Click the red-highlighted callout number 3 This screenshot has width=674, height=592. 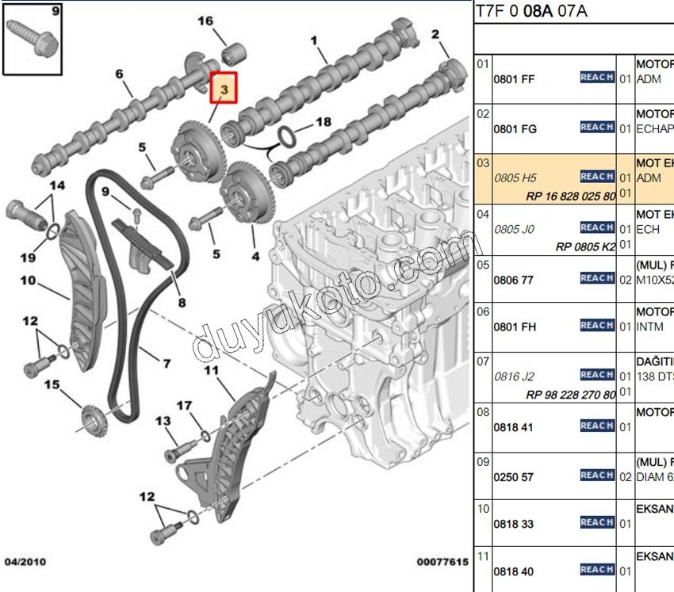pyautogui.click(x=224, y=90)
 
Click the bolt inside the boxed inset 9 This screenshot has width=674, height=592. pyautogui.click(x=34, y=38)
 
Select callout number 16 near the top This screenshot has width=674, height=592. pyautogui.click(x=205, y=21)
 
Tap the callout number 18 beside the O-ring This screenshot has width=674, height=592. pyautogui.click(x=323, y=122)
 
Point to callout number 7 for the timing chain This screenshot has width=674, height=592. pyautogui.click(x=167, y=364)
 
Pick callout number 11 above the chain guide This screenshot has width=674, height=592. pyautogui.click(x=210, y=370)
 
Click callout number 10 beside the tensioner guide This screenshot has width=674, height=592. pyautogui.click(x=29, y=280)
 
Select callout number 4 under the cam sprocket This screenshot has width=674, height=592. pyautogui.click(x=255, y=256)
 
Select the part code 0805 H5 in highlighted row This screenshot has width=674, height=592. pyautogui.click(x=515, y=178)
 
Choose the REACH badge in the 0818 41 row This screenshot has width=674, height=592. pyautogui.click(x=597, y=426)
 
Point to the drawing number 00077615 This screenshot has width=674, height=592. pyautogui.click(x=442, y=562)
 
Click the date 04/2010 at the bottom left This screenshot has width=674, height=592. pyautogui.click(x=25, y=562)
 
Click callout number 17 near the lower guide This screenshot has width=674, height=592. pyautogui.click(x=184, y=406)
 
